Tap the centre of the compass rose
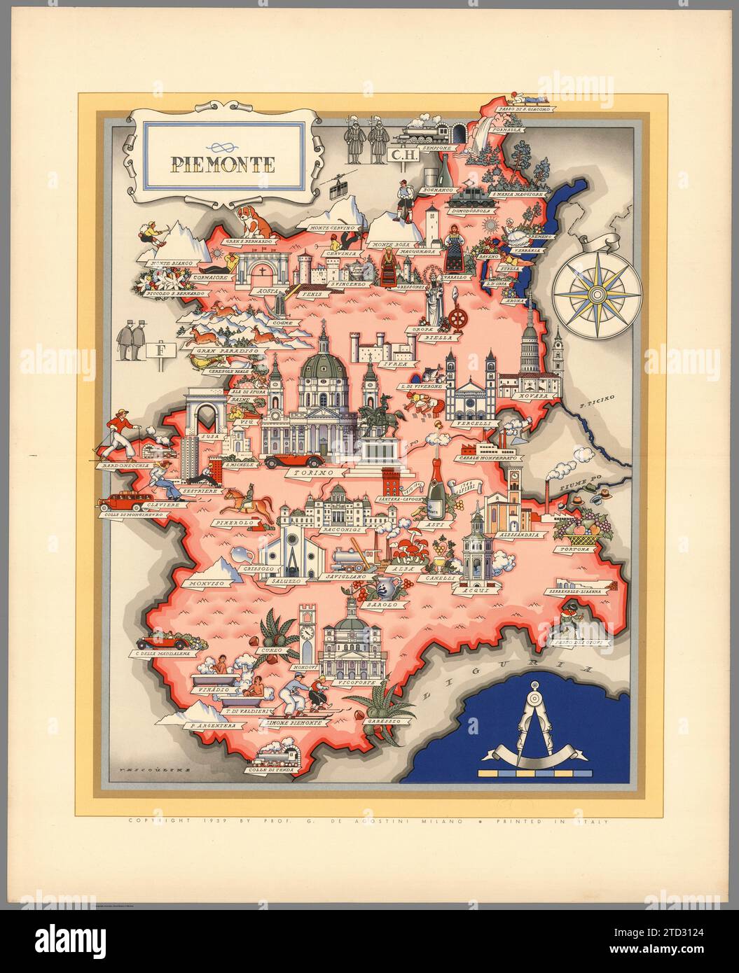[597, 293]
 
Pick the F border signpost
[163, 349]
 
